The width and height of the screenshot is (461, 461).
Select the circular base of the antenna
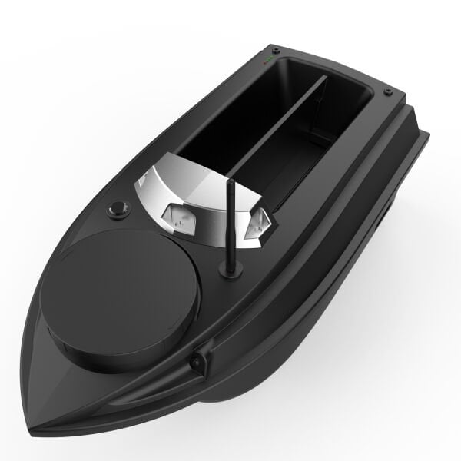[x=230, y=270]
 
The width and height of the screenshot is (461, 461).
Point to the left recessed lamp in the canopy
[x=177, y=219]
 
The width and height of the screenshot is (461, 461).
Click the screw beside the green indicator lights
[x=276, y=51]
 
